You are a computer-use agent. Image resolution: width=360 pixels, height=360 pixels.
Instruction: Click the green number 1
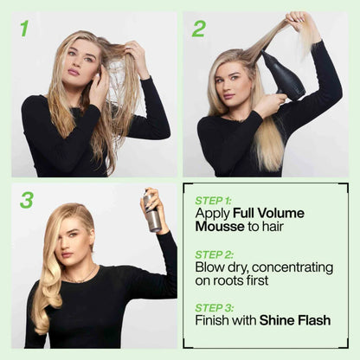click(24, 29)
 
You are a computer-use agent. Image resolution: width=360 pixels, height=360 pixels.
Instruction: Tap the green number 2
click(199, 29)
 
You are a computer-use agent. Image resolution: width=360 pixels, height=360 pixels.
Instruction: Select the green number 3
click(27, 200)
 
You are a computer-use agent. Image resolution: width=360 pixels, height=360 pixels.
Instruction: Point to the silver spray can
click(153, 215)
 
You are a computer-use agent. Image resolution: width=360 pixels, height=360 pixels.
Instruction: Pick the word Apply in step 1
click(214, 213)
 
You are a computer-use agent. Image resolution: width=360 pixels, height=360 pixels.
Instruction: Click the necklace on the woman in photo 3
click(83, 279)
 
